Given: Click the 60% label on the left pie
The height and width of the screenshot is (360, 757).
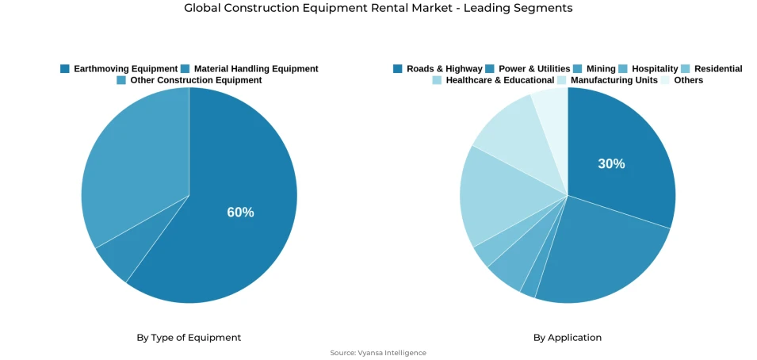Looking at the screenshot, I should pyautogui.click(x=240, y=213).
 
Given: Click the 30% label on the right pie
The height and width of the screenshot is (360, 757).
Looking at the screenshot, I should pyautogui.click(x=611, y=164).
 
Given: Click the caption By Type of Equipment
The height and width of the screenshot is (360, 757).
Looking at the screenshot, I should pyautogui.click(x=189, y=338).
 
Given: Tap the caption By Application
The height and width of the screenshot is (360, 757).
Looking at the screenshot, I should pyautogui.click(x=568, y=338).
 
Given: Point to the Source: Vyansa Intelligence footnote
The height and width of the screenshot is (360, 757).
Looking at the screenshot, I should pyautogui.click(x=378, y=353).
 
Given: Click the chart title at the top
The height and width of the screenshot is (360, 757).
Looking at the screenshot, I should pyautogui.click(x=378, y=8).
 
